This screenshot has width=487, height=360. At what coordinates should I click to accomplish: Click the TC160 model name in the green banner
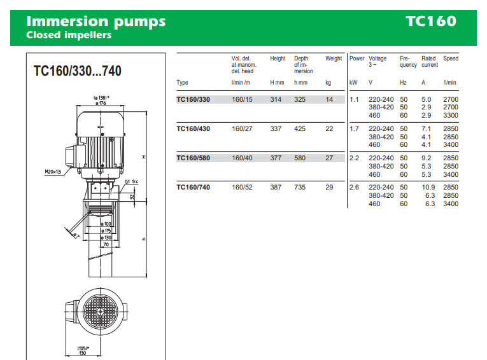(431, 21)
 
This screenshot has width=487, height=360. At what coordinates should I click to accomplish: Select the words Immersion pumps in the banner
(96, 22)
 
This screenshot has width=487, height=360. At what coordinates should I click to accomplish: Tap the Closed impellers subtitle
(69, 35)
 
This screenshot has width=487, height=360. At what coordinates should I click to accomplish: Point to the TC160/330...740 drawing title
(77, 71)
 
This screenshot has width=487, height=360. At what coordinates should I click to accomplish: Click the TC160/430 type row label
(193, 128)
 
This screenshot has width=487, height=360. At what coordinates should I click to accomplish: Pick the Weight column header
(334, 59)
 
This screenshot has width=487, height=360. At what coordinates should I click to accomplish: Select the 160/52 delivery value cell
(242, 188)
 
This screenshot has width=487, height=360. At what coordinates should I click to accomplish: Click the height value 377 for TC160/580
(276, 158)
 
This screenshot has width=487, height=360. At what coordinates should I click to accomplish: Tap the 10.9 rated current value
(428, 188)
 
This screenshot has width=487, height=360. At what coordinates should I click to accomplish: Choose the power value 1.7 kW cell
(354, 128)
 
